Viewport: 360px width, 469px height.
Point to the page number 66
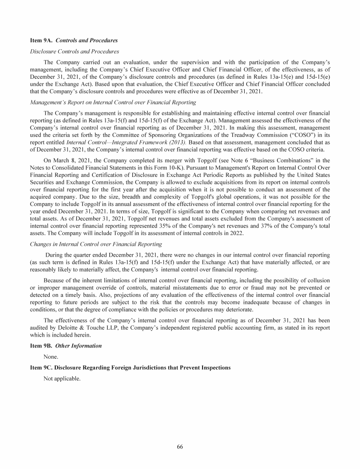click(x=180, y=446)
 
